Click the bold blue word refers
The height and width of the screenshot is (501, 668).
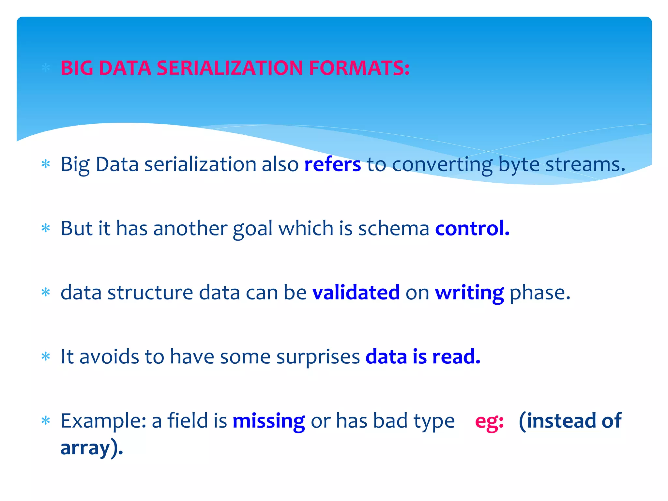tap(332, 164)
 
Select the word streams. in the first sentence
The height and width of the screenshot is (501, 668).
tap(585, 164)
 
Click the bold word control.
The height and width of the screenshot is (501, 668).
tap(472, 228)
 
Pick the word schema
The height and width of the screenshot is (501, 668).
tap(394, 228)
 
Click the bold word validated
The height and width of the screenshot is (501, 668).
tap(356, 292)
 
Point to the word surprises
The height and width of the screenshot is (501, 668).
tap(318, 357)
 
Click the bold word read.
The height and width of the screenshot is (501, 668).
tap(456, 356)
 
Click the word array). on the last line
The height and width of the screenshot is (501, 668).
tap(92, 448)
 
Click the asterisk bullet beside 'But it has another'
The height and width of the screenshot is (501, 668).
tap(46, 228)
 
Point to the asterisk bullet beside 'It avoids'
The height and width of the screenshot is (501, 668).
tap(46, 356)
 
